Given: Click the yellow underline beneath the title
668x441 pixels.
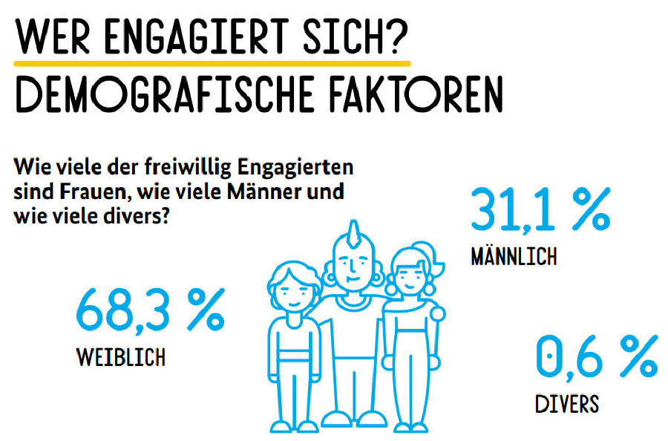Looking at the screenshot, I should pyautogui.click(x=212, y=62).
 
